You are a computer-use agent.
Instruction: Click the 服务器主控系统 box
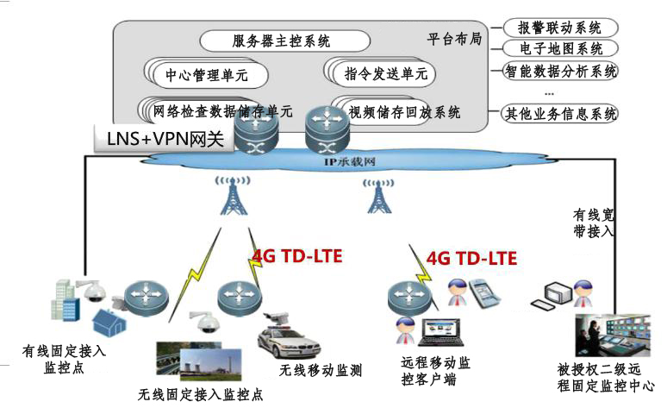point(284,41)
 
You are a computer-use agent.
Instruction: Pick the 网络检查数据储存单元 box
point(223,111)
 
